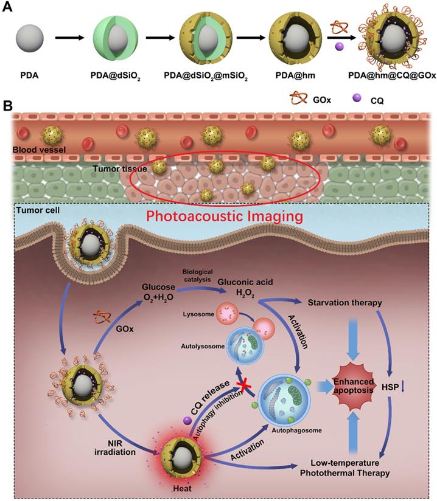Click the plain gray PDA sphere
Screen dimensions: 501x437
(28, 38)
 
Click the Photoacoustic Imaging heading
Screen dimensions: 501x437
(218, 216)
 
